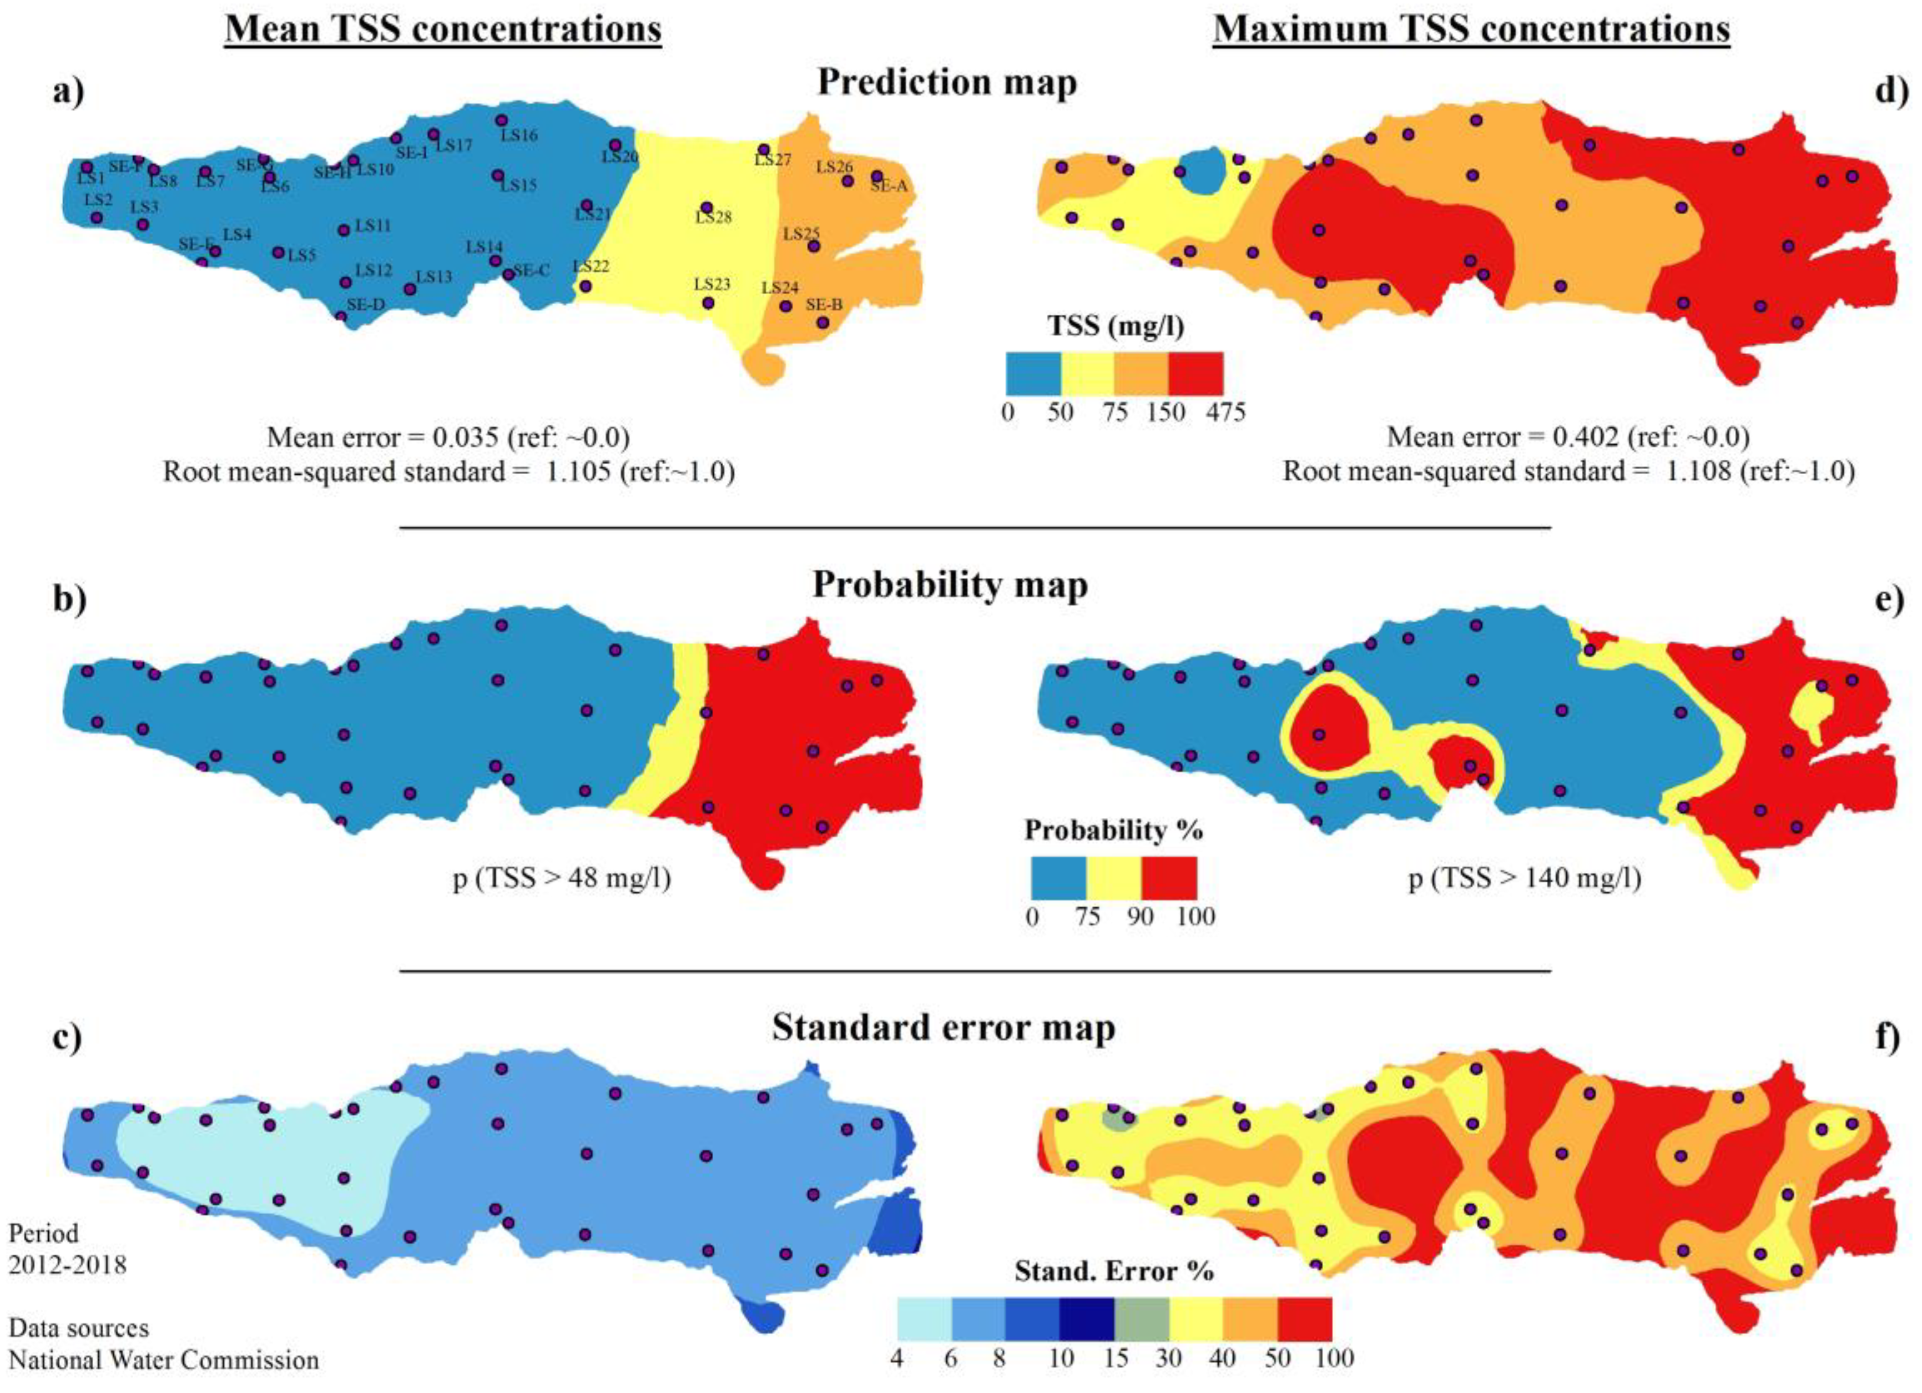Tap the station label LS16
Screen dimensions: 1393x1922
pos(518,135)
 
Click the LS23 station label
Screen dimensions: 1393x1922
pos(712,284)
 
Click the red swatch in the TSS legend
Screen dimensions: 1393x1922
pos(1195,374)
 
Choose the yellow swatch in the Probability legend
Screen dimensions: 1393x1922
pos(1113,878)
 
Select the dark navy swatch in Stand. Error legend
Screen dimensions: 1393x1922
pos(1086,1319)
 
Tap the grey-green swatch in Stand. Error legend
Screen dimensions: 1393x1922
pos(1141,1319)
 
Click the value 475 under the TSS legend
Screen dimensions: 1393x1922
pos(1225,413)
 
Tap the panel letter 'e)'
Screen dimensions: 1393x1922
pos(1889,600)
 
